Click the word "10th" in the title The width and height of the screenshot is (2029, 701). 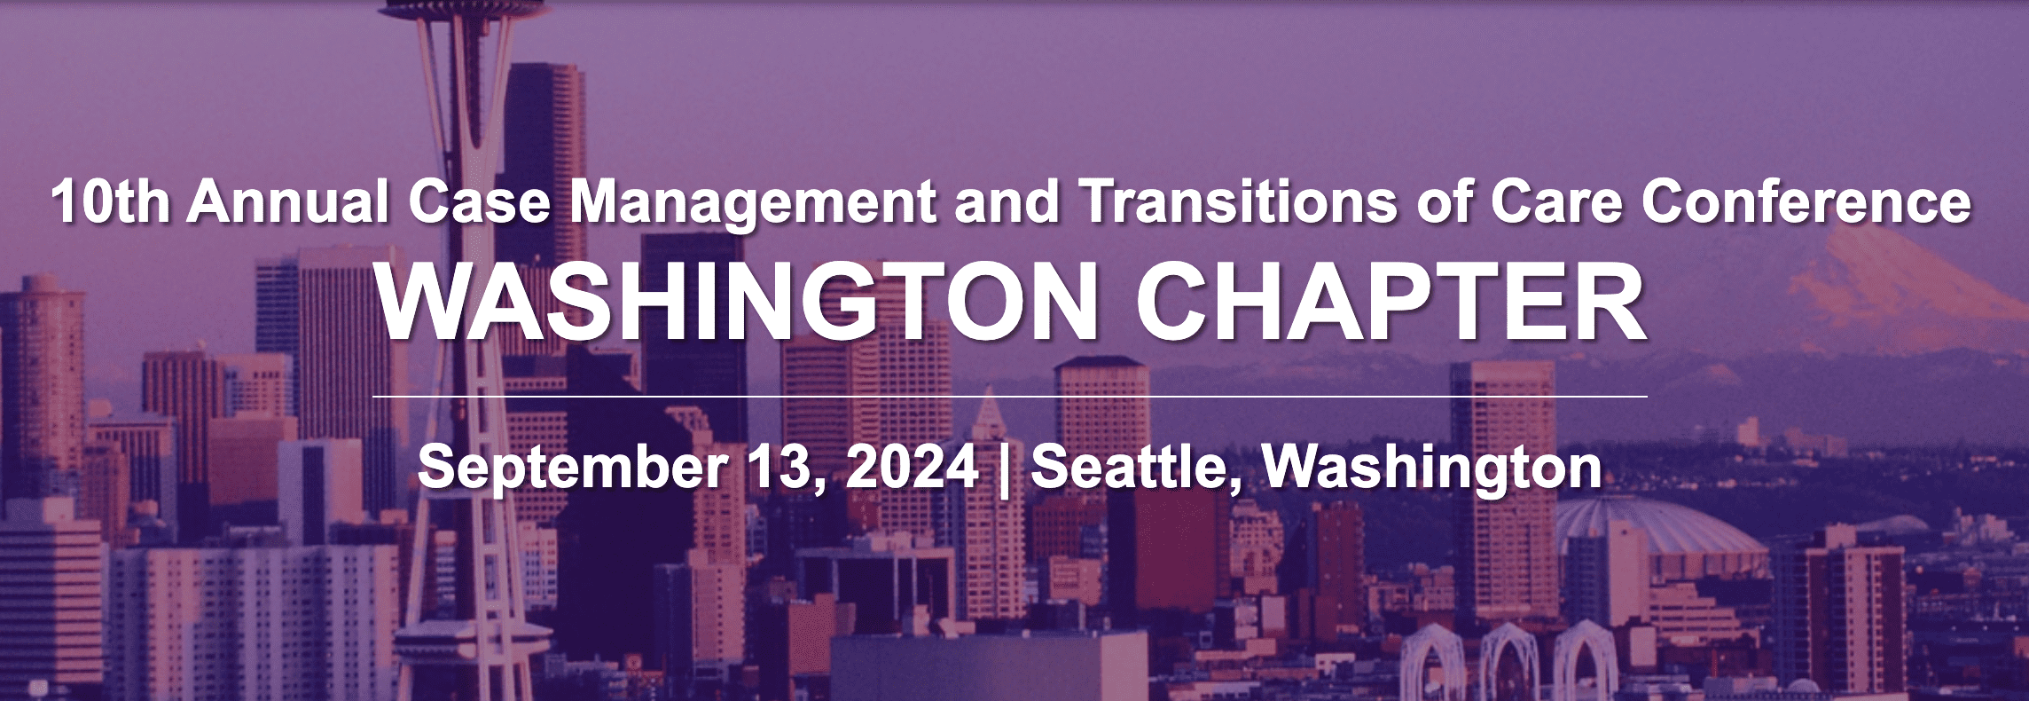[110, 202]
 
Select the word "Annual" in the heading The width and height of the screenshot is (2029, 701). [288, 202]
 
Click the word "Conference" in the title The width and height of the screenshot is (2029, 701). [1806, 202]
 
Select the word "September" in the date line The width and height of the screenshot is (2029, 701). [571, 468]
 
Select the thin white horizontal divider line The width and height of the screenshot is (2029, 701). [1010, 396]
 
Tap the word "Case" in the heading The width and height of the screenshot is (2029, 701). [480, 202]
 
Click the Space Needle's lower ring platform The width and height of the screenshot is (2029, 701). [471, 640]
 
